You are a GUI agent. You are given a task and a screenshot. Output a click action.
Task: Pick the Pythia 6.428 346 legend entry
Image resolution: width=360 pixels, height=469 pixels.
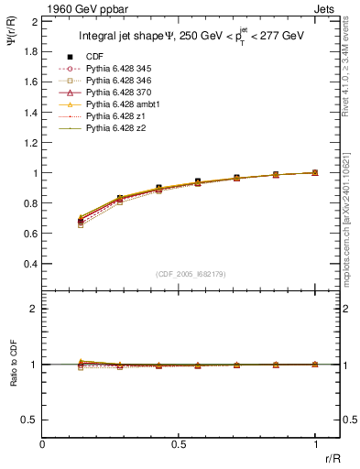click(118, 81)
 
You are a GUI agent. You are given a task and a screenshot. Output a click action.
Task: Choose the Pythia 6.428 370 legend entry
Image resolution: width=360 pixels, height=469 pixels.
click(118, 93)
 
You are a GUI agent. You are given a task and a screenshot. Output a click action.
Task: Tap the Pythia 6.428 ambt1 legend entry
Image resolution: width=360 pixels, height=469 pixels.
click(121, 104)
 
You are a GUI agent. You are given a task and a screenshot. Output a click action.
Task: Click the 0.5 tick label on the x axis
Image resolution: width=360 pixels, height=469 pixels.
click(179, 445)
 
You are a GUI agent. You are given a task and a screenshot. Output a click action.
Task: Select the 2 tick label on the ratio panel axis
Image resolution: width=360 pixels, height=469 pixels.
click(35, 309)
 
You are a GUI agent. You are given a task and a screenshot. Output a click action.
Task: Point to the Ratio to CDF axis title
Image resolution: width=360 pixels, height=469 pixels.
click(14, 378)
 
